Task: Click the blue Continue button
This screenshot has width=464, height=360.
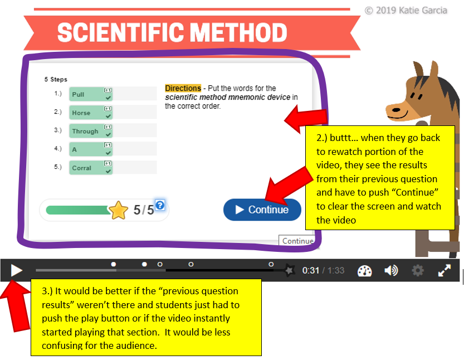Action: (262, 210)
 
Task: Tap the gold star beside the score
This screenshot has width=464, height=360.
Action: (118, 210)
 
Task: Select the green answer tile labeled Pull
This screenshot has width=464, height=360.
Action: (91, 94)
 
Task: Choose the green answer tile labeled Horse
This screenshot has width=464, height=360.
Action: (91, 113)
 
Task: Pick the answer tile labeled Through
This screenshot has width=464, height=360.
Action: (91, 131)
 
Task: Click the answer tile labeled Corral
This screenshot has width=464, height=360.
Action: (91, 168)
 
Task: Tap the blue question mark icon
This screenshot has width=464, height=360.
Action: (160, 205)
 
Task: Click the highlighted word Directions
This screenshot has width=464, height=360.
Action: (183, 88)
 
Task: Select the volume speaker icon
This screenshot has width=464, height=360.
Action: (391, 270)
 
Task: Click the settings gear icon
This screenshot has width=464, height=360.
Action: (418, 270)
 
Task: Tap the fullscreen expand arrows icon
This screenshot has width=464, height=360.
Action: (445, 270)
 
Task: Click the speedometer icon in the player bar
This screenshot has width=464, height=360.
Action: (364, 271)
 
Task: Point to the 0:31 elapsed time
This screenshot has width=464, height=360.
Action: (311, 270)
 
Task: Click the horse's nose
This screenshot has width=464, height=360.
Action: (395, 110)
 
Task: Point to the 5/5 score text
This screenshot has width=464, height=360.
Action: (144, 210)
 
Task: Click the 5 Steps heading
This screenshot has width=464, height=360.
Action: (56, 79)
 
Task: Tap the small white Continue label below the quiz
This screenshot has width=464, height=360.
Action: (297, 241)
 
